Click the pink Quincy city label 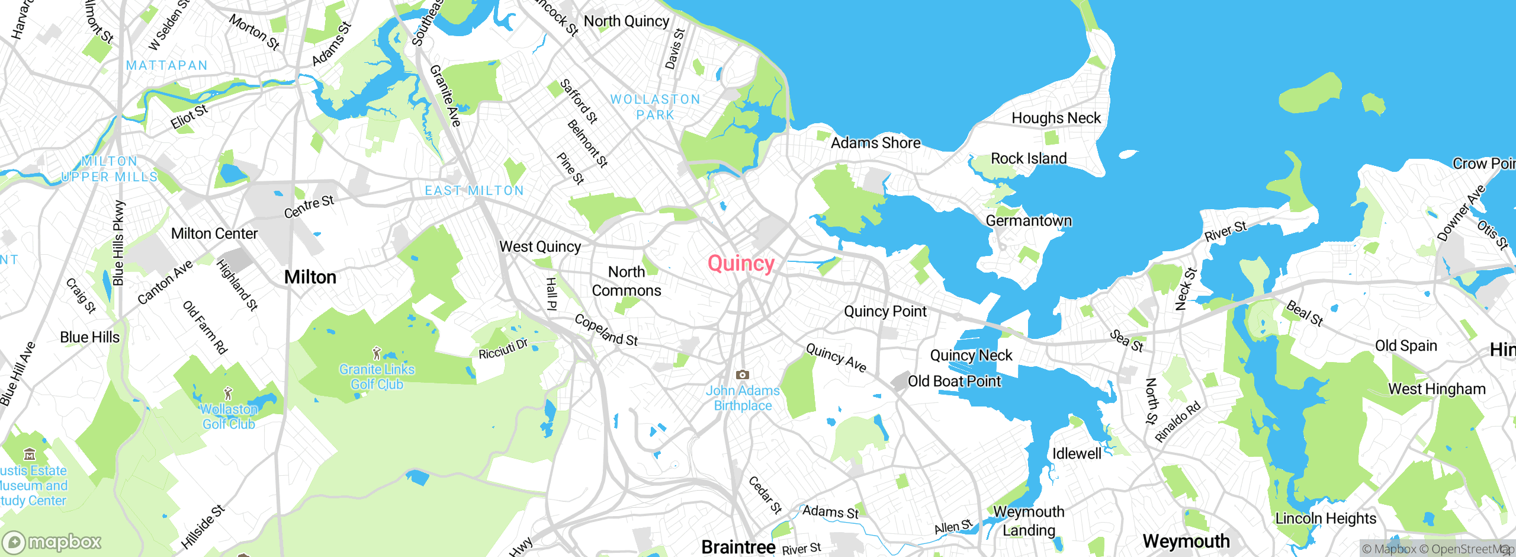point(741,264)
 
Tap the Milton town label point(310,277)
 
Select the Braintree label point(738,547)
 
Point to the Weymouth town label point(1186,541)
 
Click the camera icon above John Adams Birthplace point(742,374)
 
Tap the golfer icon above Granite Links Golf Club point(377,354)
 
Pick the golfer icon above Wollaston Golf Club point(228,393)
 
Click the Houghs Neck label point(1056,118)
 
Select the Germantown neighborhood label point(1029,220)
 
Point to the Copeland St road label point(606,330)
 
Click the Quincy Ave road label point(836,358)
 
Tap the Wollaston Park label point(655,107)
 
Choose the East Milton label point(474,190)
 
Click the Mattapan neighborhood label point(167,65)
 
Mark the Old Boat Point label point(954,381)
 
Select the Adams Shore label point(875,143)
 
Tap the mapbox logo point(52,542)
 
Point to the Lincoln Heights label point(1325,518)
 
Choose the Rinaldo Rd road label point(1177,421)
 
